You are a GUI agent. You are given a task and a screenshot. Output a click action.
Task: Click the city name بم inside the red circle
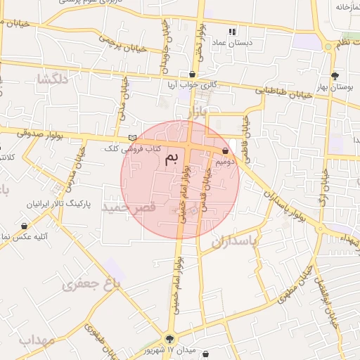pos(171,160)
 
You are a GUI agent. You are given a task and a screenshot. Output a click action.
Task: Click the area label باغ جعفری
pos(91,283)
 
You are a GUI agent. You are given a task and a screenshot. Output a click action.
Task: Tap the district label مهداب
pos(37,340)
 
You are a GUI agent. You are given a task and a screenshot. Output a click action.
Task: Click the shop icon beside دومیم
pos(225,150)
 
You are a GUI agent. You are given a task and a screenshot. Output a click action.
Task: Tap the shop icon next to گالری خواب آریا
pos(193,74)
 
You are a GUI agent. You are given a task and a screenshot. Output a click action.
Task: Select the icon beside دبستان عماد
pos(232,32)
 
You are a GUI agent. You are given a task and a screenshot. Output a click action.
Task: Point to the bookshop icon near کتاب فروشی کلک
pos(132,138)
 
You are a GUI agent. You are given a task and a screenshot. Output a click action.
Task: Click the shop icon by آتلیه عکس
pos(25,226)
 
